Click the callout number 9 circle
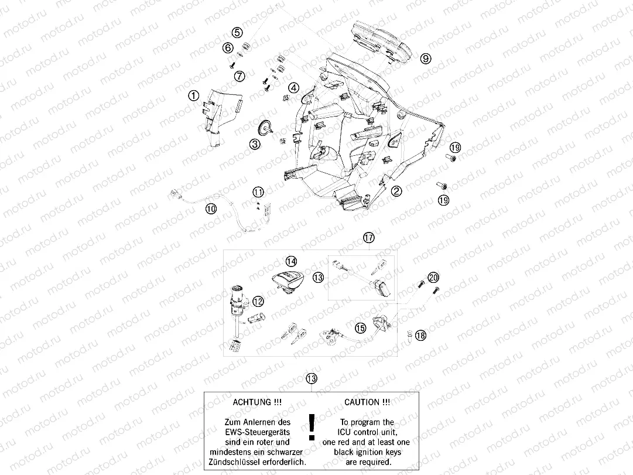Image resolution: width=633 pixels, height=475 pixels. (426, 58)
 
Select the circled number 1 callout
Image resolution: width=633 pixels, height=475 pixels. (193, 94)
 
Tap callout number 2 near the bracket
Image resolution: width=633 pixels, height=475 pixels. (396, 190)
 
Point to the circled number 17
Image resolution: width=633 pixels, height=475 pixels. (368, 237)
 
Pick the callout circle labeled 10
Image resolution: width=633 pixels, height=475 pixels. (211, 207)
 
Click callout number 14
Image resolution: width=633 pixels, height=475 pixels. (291, 261)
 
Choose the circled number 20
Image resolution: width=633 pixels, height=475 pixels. (433, 277)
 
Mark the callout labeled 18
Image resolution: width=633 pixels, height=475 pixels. (420, 335)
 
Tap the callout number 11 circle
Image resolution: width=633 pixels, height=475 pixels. (258, 192)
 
